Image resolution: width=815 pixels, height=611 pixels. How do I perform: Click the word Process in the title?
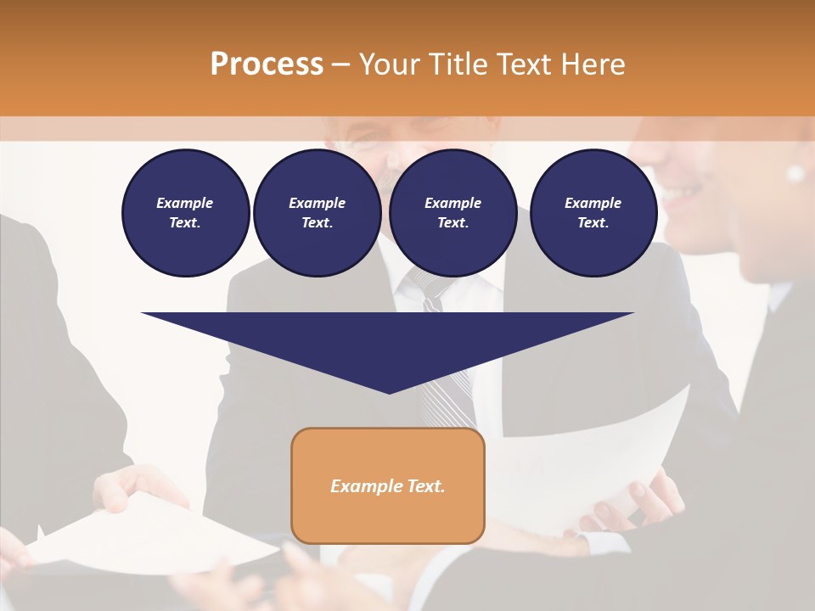coord(267,64)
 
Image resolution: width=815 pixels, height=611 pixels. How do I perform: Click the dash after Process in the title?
coord(341,65)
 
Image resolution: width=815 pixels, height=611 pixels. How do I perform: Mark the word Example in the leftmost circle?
coord(185,203)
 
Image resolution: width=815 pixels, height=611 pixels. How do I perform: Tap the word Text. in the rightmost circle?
coord(593,222)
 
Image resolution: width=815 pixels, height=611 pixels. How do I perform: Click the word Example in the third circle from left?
coord(452,203)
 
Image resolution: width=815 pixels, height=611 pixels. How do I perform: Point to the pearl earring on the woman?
coord(795,174)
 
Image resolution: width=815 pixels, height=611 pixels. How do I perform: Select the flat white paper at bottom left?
coord(144,535)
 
